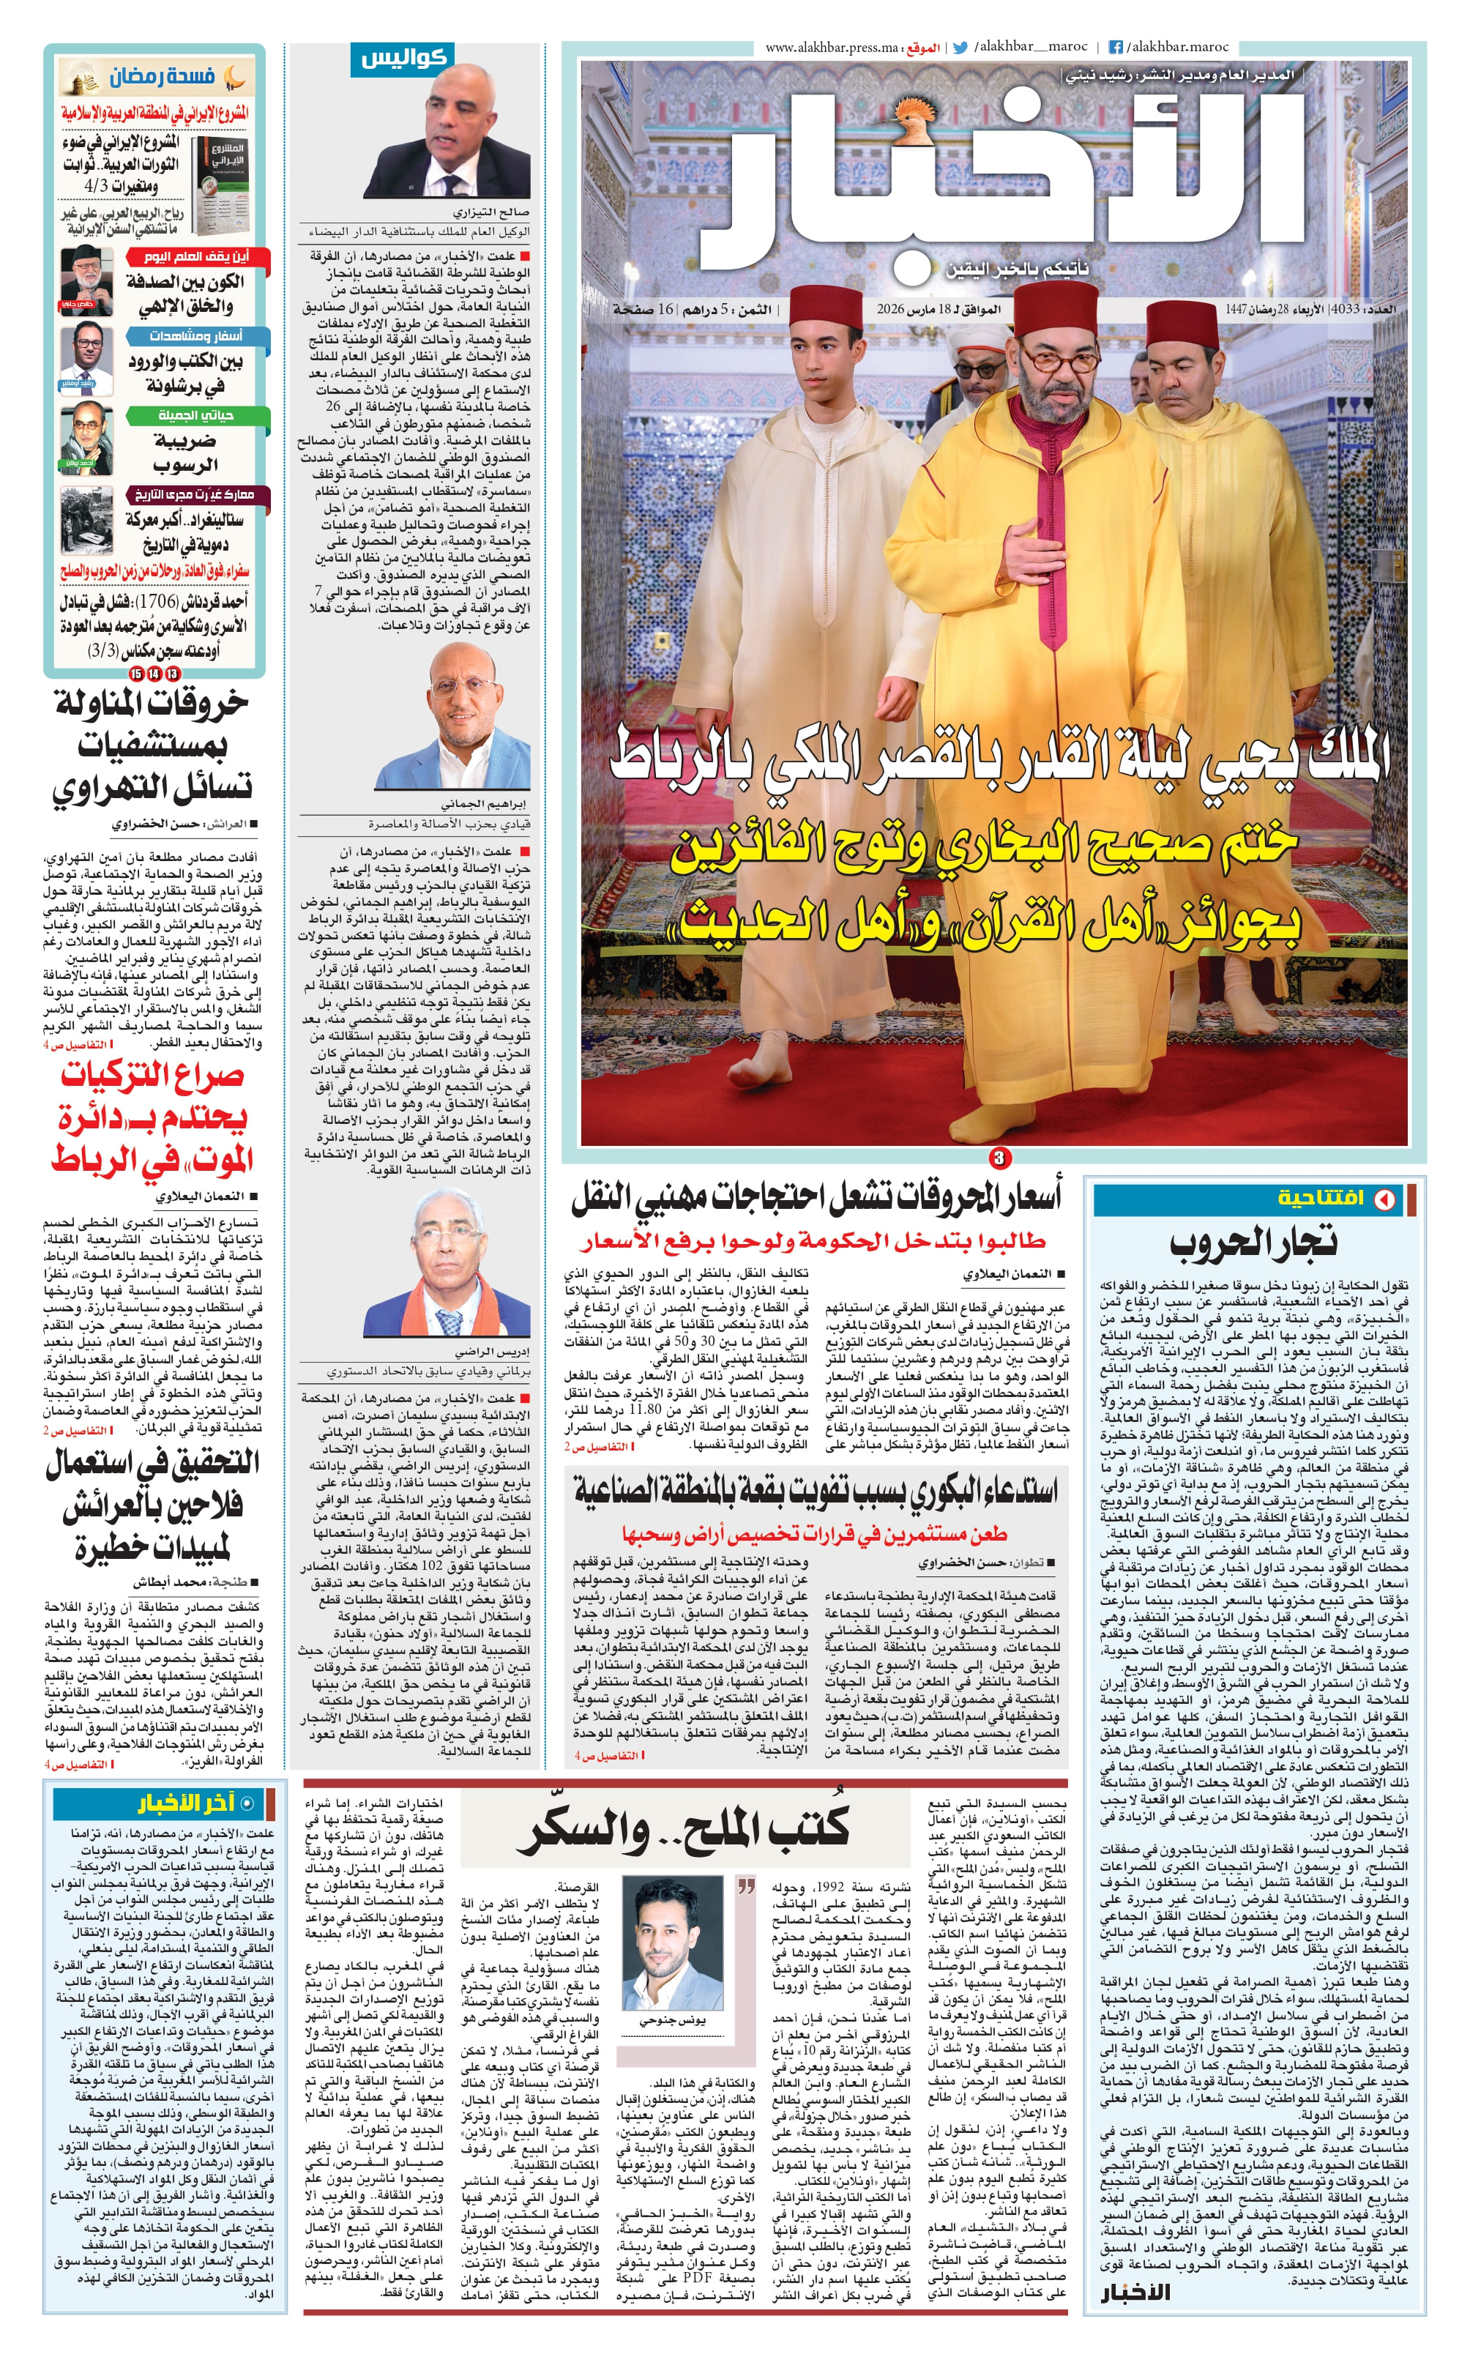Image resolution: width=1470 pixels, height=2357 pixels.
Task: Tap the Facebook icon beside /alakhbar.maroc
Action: (x=1116, y=48)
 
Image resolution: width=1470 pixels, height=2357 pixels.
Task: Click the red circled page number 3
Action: (x=999, y=1157)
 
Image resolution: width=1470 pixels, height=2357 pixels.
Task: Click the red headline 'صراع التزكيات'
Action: (x=153, y=1076)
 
